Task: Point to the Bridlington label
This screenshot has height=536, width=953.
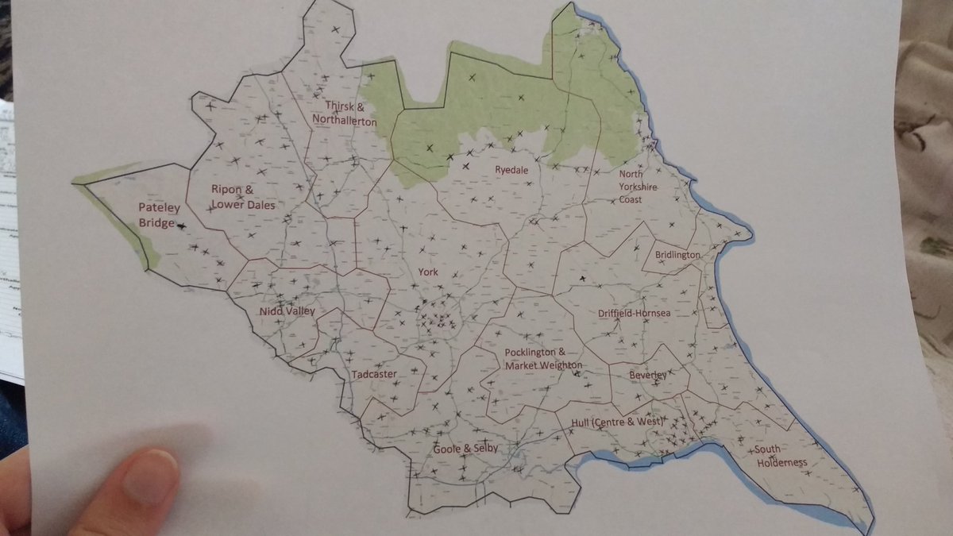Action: (677, 255)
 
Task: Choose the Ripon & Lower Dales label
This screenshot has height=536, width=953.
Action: (242, 197)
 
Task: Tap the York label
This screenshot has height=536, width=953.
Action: (428, 272)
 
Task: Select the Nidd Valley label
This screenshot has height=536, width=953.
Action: (287, 311)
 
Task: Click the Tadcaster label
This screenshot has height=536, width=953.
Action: (373, 373)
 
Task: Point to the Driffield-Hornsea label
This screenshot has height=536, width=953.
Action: (634, 314)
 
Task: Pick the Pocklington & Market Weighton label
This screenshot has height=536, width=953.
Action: (544, 359)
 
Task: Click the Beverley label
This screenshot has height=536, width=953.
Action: (647, 374)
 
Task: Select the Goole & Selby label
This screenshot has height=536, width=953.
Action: (465, 449)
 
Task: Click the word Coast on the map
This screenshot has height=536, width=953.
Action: (631, 199)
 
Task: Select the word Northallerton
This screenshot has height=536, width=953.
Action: (345, 121)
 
